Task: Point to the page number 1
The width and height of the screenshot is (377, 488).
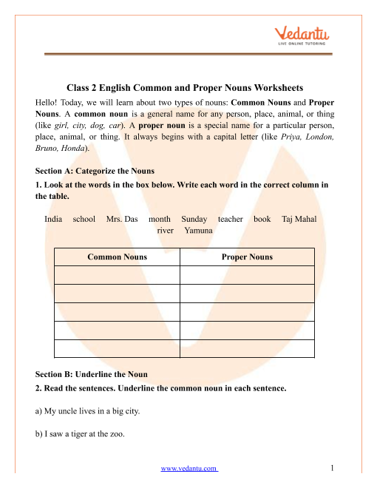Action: [x=334, y=468]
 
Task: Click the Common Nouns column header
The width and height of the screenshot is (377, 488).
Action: [x=117, y=257]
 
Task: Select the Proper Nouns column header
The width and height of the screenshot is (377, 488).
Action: [x=247, y=257]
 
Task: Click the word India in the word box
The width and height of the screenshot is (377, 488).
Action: [x=53, y=219]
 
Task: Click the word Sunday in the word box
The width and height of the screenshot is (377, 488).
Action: [x=194, y=219]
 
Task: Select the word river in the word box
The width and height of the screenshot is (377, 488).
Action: [x=166, y=231]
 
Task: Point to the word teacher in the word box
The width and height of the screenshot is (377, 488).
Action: [x=231, y=219]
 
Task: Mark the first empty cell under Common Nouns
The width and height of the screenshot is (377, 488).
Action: [x=117, y=275]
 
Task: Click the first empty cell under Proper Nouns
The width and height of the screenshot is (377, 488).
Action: [x=247, y=275]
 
